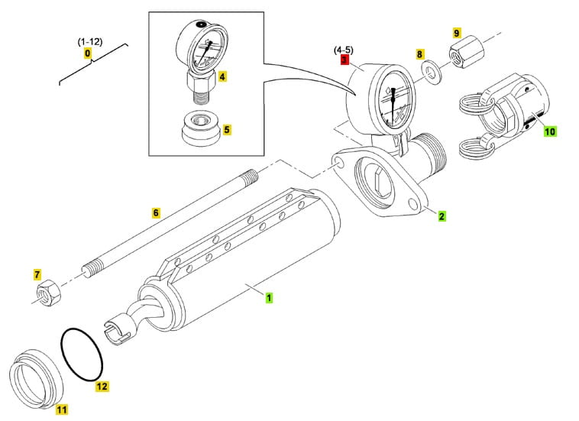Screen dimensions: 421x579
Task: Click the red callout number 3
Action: coord(344,59)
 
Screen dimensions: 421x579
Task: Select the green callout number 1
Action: coord(268,294)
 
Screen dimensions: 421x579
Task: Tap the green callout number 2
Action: coord(442,215)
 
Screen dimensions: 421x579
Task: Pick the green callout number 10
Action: coord(550,131)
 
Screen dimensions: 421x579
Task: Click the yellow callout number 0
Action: coord(88,53)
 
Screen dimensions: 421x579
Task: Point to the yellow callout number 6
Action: coord(156,212)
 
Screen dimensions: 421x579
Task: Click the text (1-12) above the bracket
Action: coord(89,41)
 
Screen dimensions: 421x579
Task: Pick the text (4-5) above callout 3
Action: coord(343,49)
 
